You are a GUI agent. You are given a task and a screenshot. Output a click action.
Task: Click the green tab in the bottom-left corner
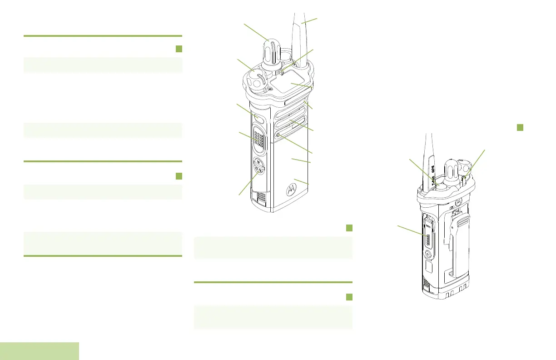click(x=40, y=351)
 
